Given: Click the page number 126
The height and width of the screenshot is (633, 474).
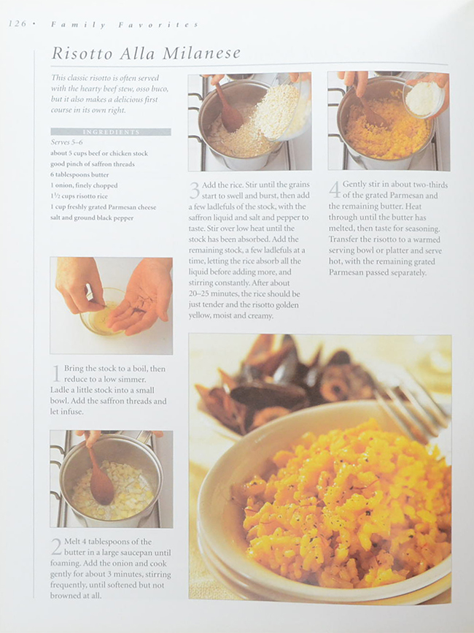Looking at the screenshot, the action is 17,24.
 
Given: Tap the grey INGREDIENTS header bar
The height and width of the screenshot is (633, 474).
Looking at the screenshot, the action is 111,132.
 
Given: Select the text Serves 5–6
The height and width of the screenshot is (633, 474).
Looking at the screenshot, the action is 67,142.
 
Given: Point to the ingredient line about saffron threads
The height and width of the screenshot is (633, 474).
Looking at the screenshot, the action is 93,164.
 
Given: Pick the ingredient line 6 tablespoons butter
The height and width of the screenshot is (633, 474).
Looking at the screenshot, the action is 79,174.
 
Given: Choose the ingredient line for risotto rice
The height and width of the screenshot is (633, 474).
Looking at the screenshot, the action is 79,196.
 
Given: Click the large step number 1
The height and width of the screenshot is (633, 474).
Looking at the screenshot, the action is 56,373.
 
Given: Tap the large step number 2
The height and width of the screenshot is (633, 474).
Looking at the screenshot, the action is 56,547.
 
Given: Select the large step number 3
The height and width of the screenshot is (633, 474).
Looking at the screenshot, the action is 195,190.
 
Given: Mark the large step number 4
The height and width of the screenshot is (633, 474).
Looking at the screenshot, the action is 335,190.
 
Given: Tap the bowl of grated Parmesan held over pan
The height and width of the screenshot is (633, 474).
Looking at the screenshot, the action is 424,97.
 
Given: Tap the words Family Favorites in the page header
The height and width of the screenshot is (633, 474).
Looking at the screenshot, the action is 125,25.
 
